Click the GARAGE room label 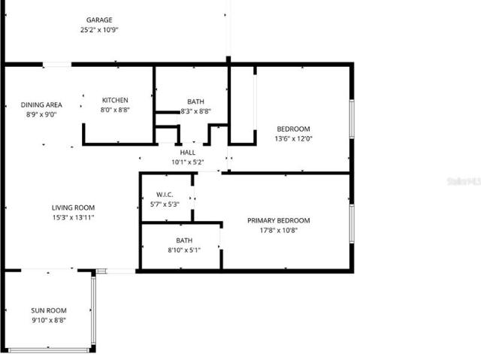pos(99,20)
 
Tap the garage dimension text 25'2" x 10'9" pos(99,30)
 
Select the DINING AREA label pos(41,105)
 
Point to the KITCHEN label pos(115,100)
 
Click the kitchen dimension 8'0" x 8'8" pos(115,110)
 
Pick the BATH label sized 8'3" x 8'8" pos(195,101)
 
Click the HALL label pos(187,153)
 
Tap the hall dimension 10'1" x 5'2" pos(187,162)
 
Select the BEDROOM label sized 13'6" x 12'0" pos(293,129)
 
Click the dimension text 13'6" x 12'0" pos(293,138)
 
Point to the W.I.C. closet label pos(165,195)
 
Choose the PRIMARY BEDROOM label pos(279,220)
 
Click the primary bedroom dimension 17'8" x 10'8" pos(279,230)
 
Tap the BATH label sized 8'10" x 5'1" pos(184,241)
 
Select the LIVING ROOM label pos(73,207)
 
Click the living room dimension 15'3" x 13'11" pos(73,217)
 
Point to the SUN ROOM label pos(49,310)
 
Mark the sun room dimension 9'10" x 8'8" pos(49,320)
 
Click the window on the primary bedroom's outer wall pos(352,224)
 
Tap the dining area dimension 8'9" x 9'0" pos(41,115)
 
